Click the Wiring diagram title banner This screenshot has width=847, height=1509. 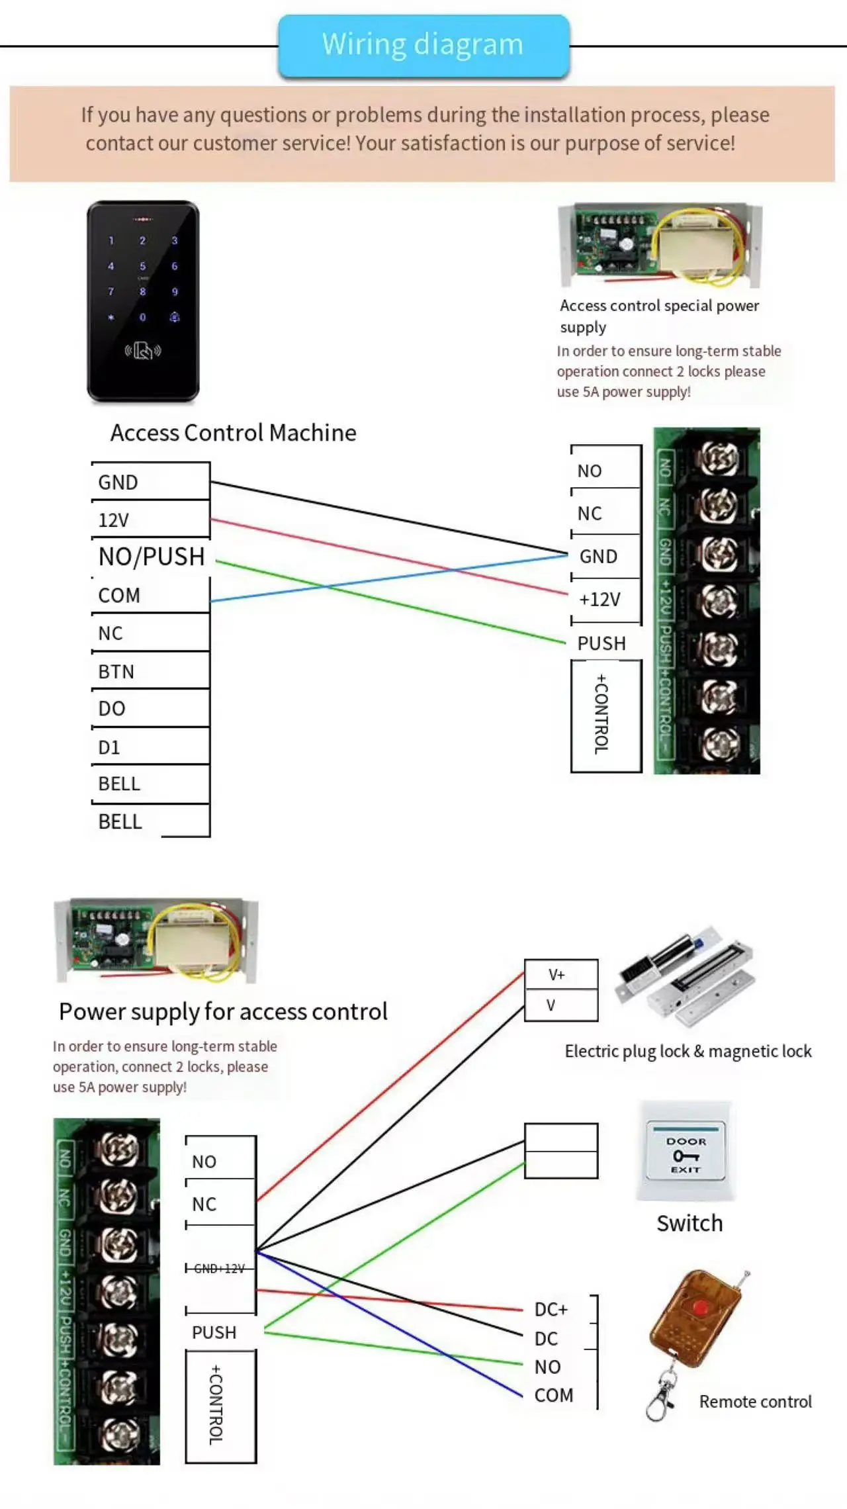[423, 45]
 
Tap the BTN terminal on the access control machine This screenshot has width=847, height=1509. [116, 671]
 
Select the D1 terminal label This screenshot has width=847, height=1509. [109, 747]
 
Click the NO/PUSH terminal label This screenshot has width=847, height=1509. [152, 557]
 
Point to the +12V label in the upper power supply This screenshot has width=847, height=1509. [600, 600]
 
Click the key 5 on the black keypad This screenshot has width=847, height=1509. [142, 266]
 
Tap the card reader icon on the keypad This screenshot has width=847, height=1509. [143, 350]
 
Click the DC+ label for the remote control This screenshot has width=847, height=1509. [551, 1310]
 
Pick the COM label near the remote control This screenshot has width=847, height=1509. [554, 1395]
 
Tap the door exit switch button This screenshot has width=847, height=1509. [686, 1155]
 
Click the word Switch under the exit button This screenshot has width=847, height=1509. [690, 1224]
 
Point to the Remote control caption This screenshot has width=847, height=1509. [755, 1402]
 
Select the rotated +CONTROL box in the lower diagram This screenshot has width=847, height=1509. [220, 1406]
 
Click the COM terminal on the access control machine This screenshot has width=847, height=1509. [119, 595]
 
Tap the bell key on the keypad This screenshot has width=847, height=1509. [175, 317]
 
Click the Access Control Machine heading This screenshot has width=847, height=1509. [233, 432]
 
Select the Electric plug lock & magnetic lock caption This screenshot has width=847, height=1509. [688, 1051]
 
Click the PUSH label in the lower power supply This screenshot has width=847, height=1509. [214, 1332]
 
